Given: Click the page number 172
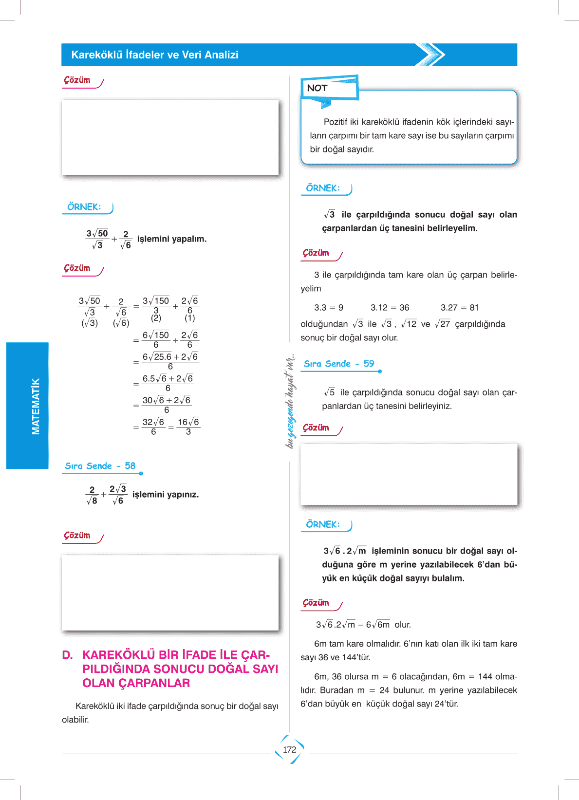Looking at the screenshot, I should tap(289, 750).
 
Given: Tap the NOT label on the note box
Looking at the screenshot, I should tap(317, 88).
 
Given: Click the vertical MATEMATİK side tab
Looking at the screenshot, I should tap(35, 406).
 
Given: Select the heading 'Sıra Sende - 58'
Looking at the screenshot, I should tap(100, 466).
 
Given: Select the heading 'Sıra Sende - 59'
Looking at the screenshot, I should tap(339, 364).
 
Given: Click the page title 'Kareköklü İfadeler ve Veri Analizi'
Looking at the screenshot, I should tap(155, 55).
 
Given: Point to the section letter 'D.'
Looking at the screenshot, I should tap(67, 655).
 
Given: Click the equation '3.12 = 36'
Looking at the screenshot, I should tap(390, 308).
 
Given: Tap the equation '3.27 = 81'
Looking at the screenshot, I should tap(460, 308).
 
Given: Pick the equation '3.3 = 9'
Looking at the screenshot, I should tap(329, 308).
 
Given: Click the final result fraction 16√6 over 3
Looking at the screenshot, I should tap(188, 427).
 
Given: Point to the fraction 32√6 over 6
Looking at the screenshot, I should tap(153, 427).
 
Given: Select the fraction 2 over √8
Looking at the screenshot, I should tap(92, 495).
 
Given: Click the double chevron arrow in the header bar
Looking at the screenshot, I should tap(430, 55).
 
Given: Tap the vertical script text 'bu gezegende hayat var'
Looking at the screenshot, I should tap(290, 401).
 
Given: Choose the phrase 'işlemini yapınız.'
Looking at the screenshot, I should tap(166, 495).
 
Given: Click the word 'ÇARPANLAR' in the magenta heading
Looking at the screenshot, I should tap(136, 683).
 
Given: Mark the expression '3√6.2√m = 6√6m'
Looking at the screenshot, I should tap(353, 625).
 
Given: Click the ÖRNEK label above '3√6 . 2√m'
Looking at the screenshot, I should tap(323, 524).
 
